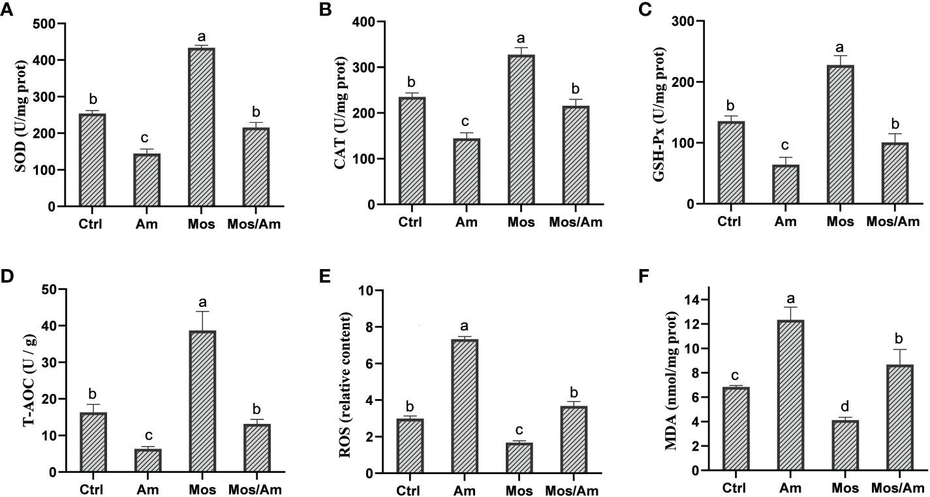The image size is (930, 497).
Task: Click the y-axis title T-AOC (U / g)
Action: pyautogui.click(x=29, y=379)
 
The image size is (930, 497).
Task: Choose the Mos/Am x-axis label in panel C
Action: pyautogui.click(x=893, y=221)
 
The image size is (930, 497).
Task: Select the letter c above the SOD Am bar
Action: pyautogui.click(x=147, y=138)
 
